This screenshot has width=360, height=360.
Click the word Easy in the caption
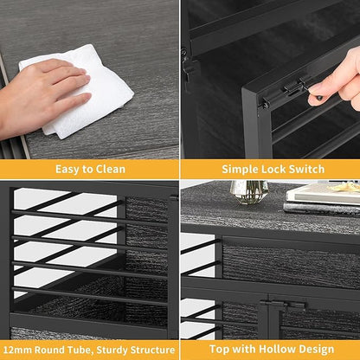point(67,170)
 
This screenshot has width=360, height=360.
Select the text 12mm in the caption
point(18,350)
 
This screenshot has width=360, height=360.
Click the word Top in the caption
point(220,350)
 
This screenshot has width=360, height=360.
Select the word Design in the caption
point(317,350)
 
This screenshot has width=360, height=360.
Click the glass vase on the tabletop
point(249,191)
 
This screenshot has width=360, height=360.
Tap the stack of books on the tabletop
point(322,198)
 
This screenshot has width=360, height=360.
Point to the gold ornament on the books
point(345,187)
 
